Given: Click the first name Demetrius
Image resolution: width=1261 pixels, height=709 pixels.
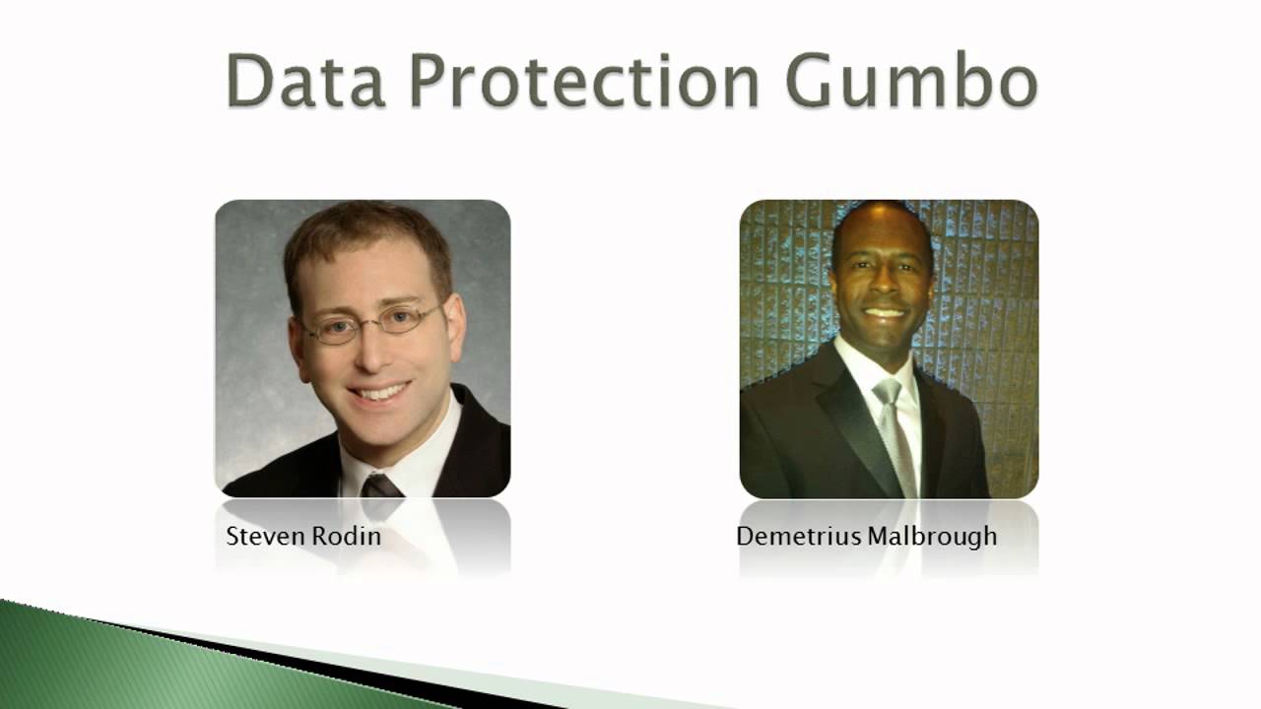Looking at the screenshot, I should coord(799,537).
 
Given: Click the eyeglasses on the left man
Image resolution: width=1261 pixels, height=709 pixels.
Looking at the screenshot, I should coord(373,324).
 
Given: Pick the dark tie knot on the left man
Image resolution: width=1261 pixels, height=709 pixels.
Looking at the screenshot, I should coord(381,484).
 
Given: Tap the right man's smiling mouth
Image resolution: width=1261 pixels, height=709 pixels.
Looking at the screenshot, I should coord(884,313).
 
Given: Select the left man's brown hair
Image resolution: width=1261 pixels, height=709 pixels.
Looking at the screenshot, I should coord(360,231).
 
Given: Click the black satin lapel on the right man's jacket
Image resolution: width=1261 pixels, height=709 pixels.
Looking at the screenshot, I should coord(849,414).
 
